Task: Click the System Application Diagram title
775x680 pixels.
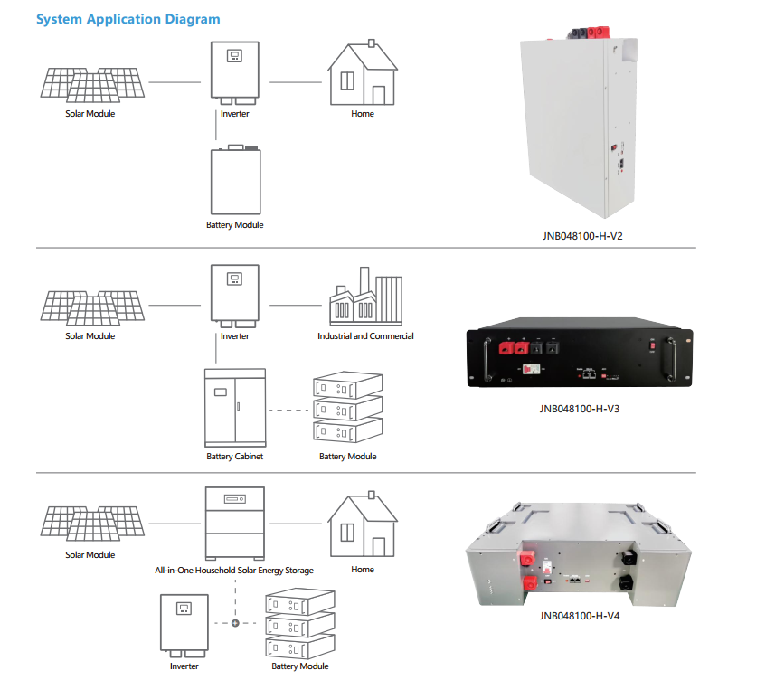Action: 128,19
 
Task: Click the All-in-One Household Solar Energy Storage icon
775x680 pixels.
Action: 235,524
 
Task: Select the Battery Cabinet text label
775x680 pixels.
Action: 235,457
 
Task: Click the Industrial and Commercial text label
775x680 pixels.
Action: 365,336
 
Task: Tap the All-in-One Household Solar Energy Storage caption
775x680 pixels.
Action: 234,571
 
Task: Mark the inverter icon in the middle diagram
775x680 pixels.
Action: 235,295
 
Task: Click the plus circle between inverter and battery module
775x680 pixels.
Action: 235,624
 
